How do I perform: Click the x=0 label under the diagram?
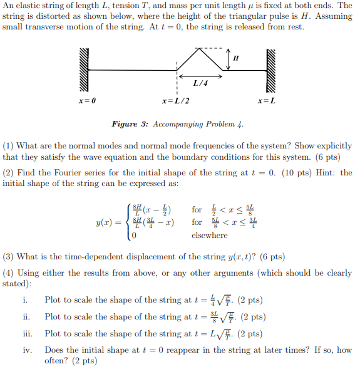pos(87,101)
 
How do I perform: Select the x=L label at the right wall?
pos(267,101)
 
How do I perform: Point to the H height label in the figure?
pos(235,58)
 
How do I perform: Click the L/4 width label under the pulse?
pos(201,83)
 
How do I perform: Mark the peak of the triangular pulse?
pos(200,49)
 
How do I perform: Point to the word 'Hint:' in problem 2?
pos(322,172)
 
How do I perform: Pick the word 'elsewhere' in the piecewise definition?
pos(210,236)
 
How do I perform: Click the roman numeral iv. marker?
pos(28,350)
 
